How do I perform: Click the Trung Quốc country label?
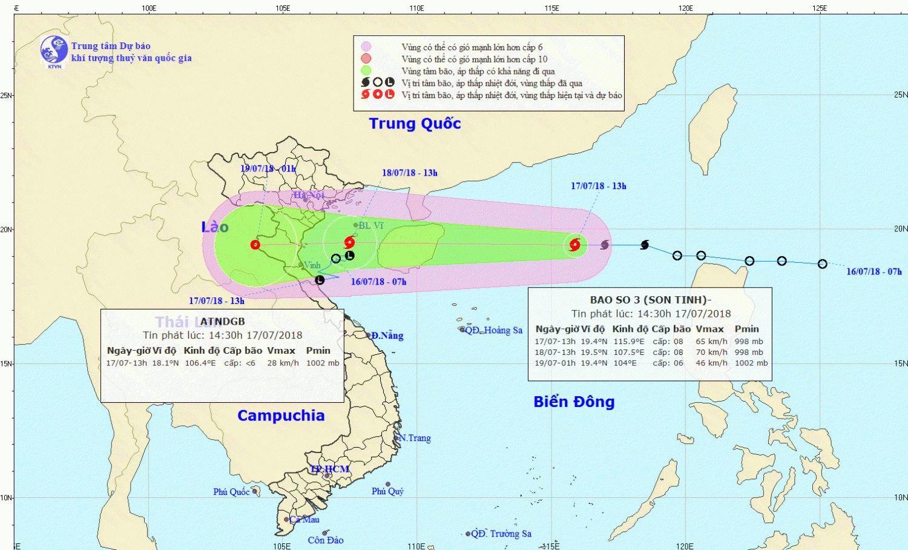[415, 124]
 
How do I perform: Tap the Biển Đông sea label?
[574, 402]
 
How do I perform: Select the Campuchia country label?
[281, 416]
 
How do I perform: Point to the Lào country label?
[215, 227]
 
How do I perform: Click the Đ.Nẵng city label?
[387, 336]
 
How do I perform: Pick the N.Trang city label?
[415, 438]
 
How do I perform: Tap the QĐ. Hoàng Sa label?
[493, 330]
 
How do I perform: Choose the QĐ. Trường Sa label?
[501, 534]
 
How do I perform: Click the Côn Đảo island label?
[326, 540]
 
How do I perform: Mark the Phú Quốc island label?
[231, 492]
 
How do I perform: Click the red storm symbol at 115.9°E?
[575, 245]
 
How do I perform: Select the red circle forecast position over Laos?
[255, 245]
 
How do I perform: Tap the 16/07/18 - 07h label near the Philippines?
[873, 271]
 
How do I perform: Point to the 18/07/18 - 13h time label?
[409, 173]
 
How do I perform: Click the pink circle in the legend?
[366, 47]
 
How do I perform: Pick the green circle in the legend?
[366, 70]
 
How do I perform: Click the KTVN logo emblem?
[54, 50]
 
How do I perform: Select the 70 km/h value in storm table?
[711, 352]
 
